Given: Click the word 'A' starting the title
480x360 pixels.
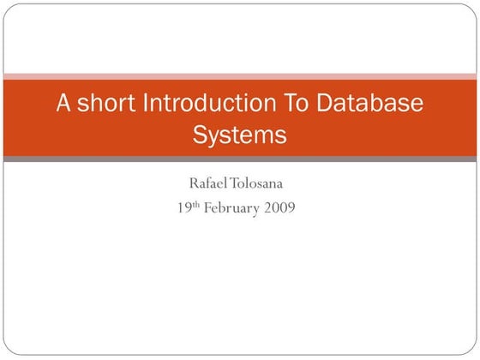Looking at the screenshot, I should pos(63,105).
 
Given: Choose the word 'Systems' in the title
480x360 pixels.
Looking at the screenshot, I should pos(239,135).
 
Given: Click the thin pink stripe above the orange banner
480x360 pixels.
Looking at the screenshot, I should pos(240,76).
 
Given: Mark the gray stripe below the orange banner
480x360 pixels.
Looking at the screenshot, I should pos(240,159).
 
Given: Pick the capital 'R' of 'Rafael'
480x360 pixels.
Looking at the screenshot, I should pos(194,183).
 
